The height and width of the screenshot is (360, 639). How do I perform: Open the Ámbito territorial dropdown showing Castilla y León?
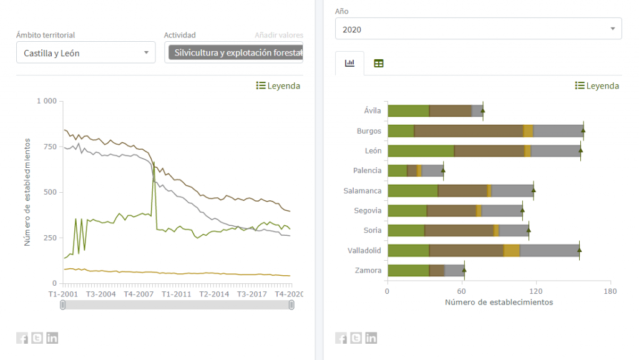click(x=85, y=53)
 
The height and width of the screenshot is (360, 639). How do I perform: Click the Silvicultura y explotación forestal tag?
click(x=235, y=53)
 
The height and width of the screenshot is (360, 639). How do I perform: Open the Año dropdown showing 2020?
click(x=478, y=29)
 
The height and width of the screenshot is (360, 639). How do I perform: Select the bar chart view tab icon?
click(x=349, y=63)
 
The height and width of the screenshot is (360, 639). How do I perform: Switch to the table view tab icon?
click(x=379, y=63)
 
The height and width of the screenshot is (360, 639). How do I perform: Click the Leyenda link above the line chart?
click(x=278, y=86)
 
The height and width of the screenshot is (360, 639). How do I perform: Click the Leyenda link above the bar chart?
click(x=597, y=86)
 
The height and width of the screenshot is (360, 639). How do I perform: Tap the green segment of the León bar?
click(x=421, y=150)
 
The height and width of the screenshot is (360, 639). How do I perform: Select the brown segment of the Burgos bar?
click(x=468, y=130)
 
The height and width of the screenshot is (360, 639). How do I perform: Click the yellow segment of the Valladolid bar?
click(x=512, y=250)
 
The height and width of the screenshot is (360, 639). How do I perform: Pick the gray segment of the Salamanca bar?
click(x=512, y=190)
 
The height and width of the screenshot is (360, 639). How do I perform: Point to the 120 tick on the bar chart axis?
click(x=536, y=291)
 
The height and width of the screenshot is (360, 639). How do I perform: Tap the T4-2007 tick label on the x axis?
click(x=139, y=294)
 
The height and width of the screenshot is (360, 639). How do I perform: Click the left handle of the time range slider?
click(x=62, y=305)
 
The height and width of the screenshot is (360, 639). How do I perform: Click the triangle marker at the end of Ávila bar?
click(x=482, y=110)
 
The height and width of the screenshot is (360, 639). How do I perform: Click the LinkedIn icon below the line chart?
click(x=52, y=338)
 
